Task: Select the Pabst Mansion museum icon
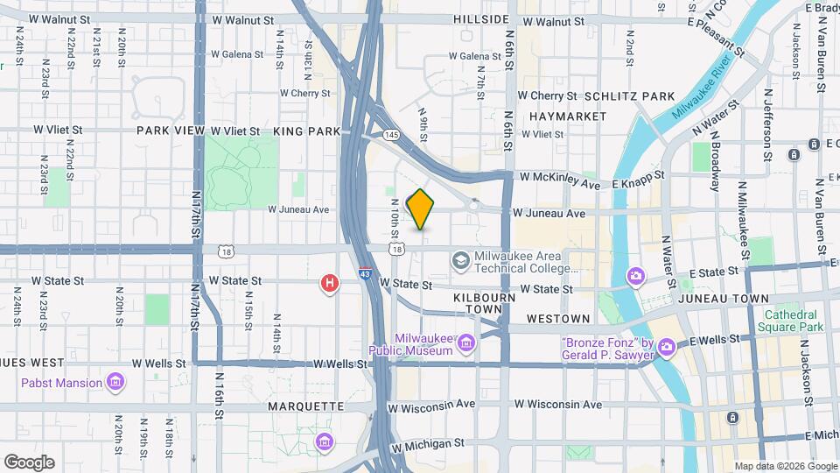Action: coord(115,381)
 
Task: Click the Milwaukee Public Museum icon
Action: coord(465,342)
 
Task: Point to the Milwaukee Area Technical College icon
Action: coord(460,259)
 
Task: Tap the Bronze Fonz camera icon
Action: coord(667,347)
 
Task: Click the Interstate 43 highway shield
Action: coord(363,273)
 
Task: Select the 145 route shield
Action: coord(391,134)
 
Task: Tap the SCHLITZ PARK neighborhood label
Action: coord(629,95)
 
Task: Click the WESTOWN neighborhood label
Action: coord(558,319)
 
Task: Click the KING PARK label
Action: coord(306,131)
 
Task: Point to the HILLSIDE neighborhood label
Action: coord(481,19)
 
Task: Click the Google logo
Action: coord(29,462)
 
